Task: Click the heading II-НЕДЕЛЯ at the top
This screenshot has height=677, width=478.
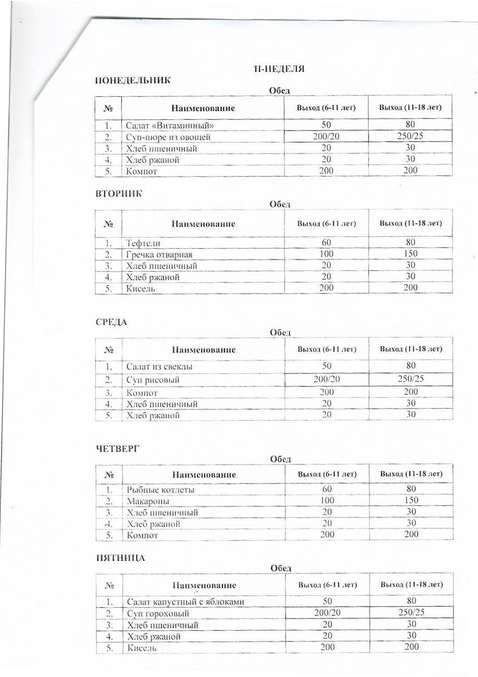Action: (279, 69)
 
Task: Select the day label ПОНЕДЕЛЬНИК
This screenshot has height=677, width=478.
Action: (133, 80)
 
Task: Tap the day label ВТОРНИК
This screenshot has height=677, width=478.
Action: (119, 193)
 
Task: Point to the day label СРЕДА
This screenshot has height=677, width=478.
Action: (111, 322)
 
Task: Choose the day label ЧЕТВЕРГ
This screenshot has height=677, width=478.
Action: (118, 448)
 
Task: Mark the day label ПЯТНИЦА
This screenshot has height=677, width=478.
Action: (120, 558)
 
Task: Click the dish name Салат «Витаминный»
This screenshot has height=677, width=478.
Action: (170, 126)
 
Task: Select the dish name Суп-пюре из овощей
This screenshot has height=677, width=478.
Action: (168, 137)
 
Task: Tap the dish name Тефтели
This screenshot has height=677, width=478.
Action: (143, 243)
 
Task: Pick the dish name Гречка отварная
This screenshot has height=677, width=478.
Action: (159, 254)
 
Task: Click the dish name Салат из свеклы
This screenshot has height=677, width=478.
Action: (159, 367)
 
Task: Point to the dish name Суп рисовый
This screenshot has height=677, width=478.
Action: (153, 380)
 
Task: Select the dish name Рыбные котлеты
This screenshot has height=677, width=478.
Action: (160, 490)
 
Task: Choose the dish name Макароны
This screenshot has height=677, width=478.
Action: (148, 501)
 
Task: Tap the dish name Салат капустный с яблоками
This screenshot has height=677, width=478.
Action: (185, 602)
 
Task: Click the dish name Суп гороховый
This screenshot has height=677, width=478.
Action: (158, 613)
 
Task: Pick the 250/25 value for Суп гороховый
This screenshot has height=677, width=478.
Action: (411, 612)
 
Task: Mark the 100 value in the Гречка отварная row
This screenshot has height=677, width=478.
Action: (326, 254)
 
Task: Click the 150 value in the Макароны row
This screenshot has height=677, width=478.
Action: (411, 500)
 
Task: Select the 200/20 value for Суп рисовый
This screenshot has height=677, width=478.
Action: (326, 379)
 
